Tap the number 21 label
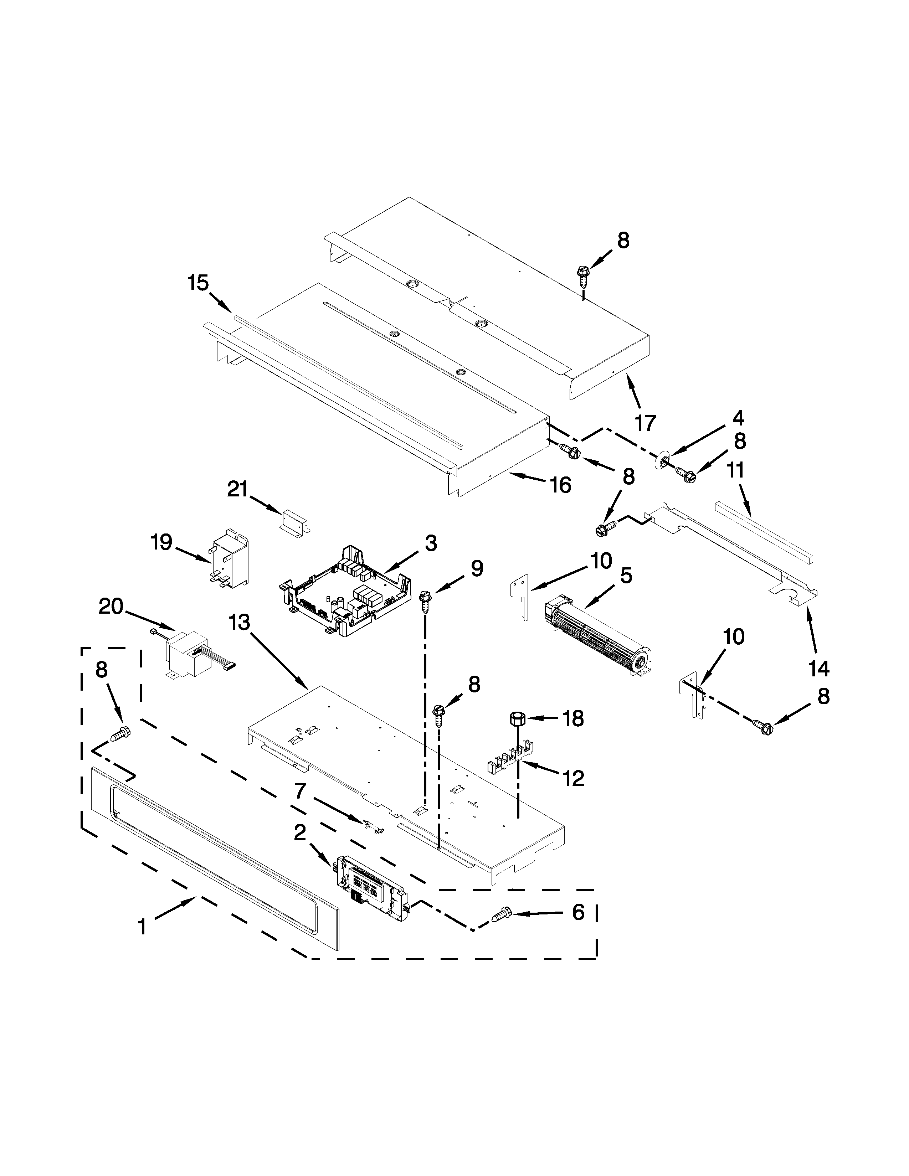[237, 489]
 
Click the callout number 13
[239, 622]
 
